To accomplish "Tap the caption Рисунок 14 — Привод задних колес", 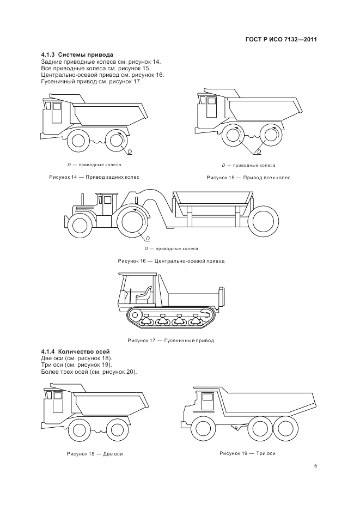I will click(94, 178).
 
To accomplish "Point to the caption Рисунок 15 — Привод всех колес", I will click(248, 178).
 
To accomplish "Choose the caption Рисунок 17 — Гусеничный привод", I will click(170, 341).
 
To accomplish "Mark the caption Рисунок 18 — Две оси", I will click(94, 453).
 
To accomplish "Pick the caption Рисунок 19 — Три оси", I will click(248, 453).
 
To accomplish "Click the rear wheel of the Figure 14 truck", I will click(116, 140).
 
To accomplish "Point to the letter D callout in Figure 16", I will click(148, 239).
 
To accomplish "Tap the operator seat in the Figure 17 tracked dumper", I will click(144, 295).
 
